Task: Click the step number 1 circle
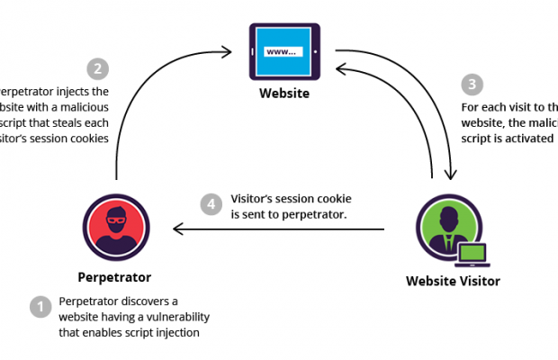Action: pos(40,307)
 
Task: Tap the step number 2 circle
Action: pos(96,68)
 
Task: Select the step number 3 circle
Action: pos(472,85)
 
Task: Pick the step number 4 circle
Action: pos(211,204)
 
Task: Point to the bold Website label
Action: pos(285,93)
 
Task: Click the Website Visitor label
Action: pos(453,281)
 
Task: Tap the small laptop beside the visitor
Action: pos(471,255)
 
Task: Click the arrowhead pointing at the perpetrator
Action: pos(176,229)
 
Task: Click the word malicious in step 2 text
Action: pos(79,107)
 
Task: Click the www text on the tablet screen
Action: pos(280,51)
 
